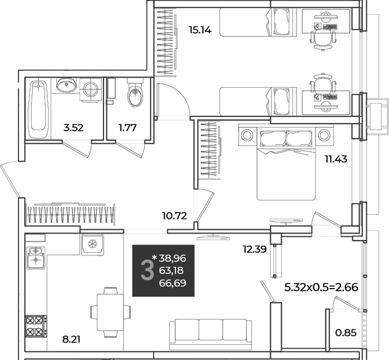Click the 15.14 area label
click(x=200, y=30)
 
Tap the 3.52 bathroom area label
click(x=74, y=128)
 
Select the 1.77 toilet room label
click(x=127, y=128)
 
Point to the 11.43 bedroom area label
click(x=336, y=159)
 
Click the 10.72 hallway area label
click(x=174, y=216)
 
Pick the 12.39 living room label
click(x=255, y=249)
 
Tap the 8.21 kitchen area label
click(x=71, y=339)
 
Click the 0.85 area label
click(x=346, y=333)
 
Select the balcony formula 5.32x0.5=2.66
click(x=321, y=288)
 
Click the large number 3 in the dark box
click(x=147, y=270)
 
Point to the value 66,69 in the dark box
click(x=172, y=283)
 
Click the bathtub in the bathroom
click(x=38, y=109)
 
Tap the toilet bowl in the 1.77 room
click(x=135, y=94)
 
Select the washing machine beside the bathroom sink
click(x=91, y=89)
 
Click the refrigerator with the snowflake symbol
click(x=93, y=245)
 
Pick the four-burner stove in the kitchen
click(x=36, y=326)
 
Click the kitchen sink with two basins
click(x=36, y=258)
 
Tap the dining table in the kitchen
click(x=110, y=313)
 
